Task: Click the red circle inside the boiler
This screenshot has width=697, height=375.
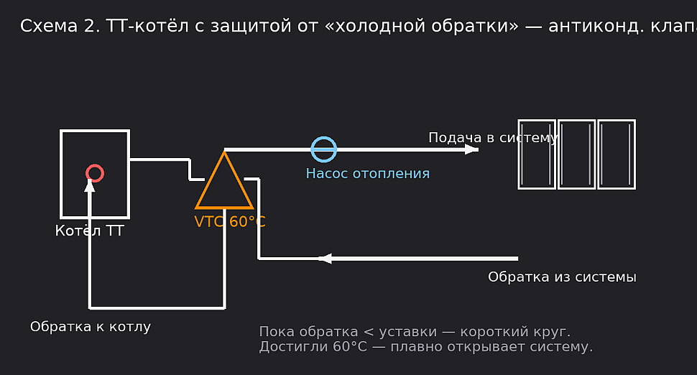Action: [95, 173]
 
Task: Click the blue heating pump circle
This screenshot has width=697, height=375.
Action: [323, 149]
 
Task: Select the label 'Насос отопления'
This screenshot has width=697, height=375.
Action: [367, 173]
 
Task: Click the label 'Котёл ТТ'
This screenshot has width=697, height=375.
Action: [89, 231]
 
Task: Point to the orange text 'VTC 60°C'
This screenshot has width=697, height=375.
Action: [230, 222]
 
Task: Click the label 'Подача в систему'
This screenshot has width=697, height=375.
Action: [493, 137]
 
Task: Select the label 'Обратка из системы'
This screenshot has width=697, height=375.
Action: [562, 277]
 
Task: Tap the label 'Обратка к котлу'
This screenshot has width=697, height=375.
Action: [91, 327]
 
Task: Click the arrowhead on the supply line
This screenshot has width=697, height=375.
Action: [471, 149]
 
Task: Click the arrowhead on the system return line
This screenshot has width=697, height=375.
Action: [325, 259]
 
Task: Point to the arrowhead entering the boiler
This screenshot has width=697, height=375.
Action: [90, 185]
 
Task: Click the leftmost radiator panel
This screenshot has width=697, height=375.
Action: [537, 154]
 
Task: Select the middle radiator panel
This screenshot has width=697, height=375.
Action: [577, 154]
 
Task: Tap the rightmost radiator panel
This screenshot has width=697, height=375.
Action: [617, 154]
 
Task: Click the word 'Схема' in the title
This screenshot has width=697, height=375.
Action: [43, 27]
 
